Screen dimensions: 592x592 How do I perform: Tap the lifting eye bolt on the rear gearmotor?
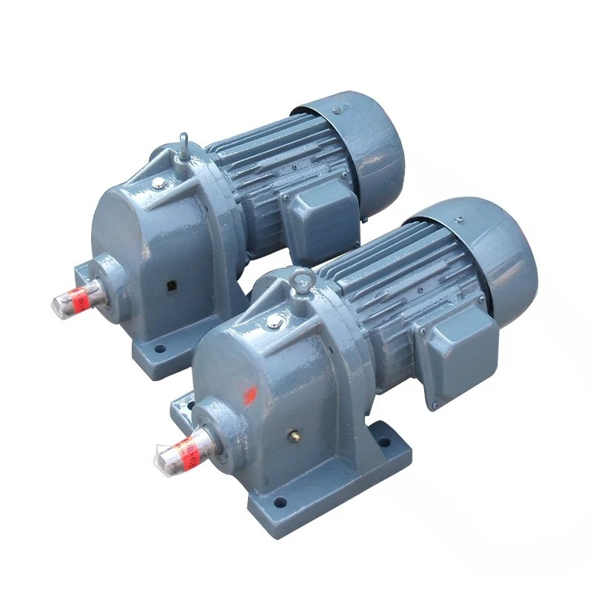[x=184, y=141]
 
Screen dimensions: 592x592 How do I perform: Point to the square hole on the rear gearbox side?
[x=174, y=285]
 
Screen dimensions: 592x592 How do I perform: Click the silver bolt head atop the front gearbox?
[x=273, y=320]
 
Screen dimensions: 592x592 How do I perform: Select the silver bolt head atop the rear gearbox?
[x=159, y=182]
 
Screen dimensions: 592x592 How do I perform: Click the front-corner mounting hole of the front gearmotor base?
[x=279, y=503]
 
